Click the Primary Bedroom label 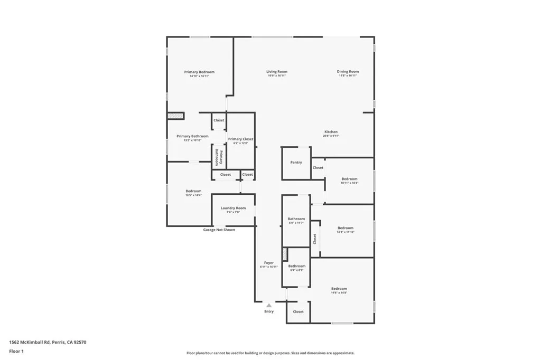(199, 72)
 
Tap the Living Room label (276, 72)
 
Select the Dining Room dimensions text (348, 76)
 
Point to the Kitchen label (331, 132)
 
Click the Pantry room (296, 163)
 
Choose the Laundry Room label (233, 208)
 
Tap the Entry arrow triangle (269, 305)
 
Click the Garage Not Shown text (219, 230)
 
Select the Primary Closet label (240, 139)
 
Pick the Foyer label (269, 262)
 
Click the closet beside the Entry (298, 312)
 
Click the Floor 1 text (17, 351)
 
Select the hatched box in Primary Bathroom (175, 116)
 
